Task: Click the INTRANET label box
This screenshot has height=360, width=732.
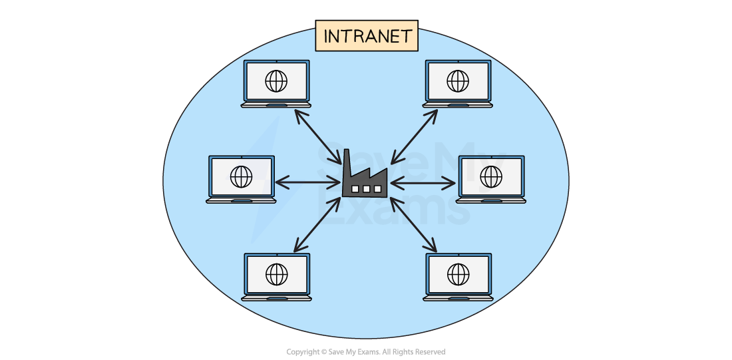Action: [367, 36]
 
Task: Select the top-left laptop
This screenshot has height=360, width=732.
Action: [276, 84]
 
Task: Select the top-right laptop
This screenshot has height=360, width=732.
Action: [458, 84]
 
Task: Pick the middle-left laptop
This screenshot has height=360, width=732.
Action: [241, 179]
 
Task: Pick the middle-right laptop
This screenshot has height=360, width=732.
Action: [491, 179]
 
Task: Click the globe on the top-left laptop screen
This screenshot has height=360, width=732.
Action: [276, 81]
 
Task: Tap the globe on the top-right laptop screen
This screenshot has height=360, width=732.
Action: [458, 81]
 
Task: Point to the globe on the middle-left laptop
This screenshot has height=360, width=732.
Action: [241, 176]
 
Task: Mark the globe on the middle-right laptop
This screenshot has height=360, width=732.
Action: [491, 176]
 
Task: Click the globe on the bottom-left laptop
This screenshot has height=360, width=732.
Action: [276, 273]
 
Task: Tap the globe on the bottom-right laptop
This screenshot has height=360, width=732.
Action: [458, 273]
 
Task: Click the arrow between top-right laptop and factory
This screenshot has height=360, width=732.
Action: [414, 136]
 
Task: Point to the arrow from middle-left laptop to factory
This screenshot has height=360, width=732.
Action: [307, 181]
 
